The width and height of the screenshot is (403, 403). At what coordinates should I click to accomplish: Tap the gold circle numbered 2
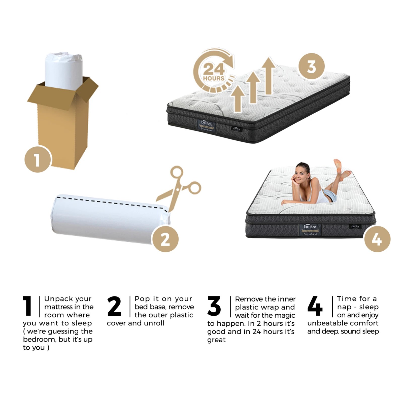[x=165, y=239]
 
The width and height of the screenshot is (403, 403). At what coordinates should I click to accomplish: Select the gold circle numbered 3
[x=312, y=66]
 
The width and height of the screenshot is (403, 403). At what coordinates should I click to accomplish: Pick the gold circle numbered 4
[x=377, y=239]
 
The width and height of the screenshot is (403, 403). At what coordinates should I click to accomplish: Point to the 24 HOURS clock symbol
[x=214, y=72]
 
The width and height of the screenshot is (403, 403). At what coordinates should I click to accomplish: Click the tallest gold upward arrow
[x=268, y=76]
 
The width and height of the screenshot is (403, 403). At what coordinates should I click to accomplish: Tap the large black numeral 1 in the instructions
[x=27, y=306]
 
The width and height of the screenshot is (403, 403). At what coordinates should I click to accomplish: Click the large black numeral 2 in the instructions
[x=114, y=306]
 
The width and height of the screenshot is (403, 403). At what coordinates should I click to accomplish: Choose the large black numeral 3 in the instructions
[x=214, y=306]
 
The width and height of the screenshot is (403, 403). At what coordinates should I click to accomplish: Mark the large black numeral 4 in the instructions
[x=315, y=306]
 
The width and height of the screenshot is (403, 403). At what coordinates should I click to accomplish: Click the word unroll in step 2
[x=154, y=323]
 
